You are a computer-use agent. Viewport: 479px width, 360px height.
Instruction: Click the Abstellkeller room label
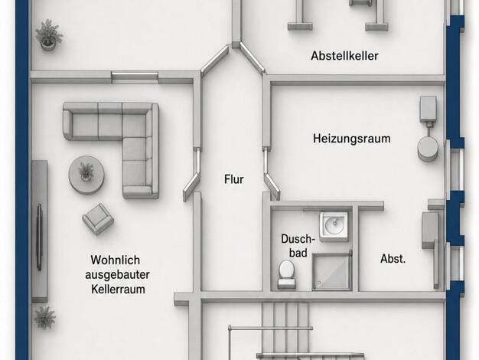click(344, 56)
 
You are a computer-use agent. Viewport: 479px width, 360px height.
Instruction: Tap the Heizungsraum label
click(352, 139)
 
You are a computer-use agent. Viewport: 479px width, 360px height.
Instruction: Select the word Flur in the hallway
click(234, 179)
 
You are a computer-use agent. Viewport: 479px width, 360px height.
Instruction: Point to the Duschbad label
click(298, 246)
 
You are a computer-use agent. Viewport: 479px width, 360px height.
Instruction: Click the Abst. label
click(393, 259)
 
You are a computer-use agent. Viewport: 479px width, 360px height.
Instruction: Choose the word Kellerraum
click(118, 289)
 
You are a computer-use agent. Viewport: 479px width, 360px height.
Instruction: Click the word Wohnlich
click(116, 260)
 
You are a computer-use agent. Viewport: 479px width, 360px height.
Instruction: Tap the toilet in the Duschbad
click(286, 274)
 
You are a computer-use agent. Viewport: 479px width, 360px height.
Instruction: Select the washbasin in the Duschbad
click(334, 226)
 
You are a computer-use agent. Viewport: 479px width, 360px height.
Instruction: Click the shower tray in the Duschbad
click(331, 272)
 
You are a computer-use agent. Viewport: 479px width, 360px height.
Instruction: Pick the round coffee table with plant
click(86, 175)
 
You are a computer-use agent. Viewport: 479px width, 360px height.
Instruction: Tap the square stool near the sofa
click(98, 219)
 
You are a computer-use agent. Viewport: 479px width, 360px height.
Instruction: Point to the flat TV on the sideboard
click(40, 237)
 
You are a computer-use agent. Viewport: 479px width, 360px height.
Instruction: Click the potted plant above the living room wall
click(49, 34)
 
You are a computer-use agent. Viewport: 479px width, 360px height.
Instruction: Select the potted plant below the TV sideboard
click(45, 318)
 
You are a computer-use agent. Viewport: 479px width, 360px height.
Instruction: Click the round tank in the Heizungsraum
click(428, 149)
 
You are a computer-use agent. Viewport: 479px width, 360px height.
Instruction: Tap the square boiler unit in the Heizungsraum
click(428, 109)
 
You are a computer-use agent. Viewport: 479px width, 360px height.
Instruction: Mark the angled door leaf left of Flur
click(191, 187)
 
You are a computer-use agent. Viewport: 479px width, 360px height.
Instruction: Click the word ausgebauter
click(117, 275)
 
